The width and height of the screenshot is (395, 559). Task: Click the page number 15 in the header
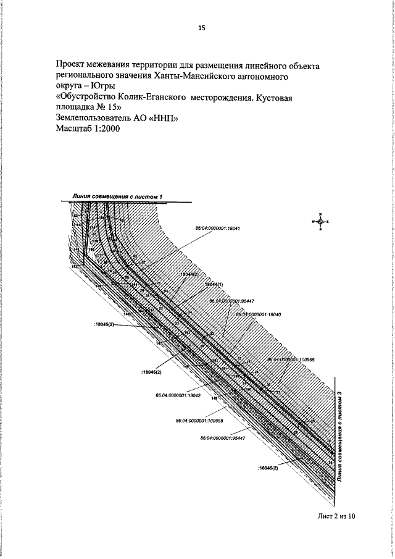tap(201, 28)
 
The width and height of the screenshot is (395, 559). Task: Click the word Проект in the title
tap(72, 65)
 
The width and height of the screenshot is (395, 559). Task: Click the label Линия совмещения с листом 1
tap(117, 196)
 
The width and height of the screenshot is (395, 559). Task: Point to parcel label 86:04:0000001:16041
tap(217, 228)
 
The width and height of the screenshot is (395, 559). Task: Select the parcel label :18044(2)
tap(187, 274)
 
